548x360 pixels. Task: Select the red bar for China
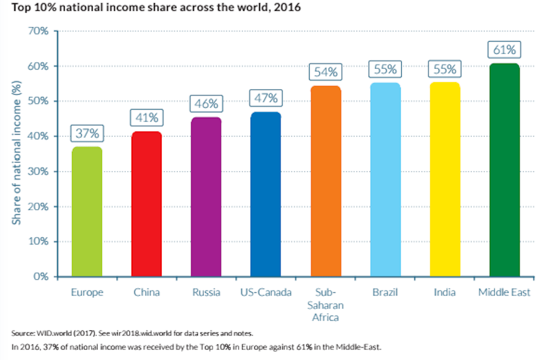pyautogui.click(x=146, y=204)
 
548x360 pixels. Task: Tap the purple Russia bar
pyautogui.click(x=206, y=197)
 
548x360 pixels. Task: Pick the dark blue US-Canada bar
pyautogui.click(x=266, y=194)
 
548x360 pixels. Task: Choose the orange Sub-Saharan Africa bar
pyautogui.click(x=326, y=181)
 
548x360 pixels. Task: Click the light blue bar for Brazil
pyautogui.click(x=385, y=180)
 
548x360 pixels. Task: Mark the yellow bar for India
pyautogui.click(x=444, y=180)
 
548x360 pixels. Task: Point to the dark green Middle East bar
pyautogui.click(x=504, y=170)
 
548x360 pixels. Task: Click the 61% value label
pyautogui.click(x=504, y=50)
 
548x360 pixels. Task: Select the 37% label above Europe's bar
pyautogui.click(x=87, y=133)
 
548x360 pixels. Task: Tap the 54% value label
pyautogui.click(x=326, y=72)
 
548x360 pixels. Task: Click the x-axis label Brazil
pyautogui.click(x=385, y=293)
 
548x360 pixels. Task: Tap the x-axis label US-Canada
pyautogui.click(x=266, y=293)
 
